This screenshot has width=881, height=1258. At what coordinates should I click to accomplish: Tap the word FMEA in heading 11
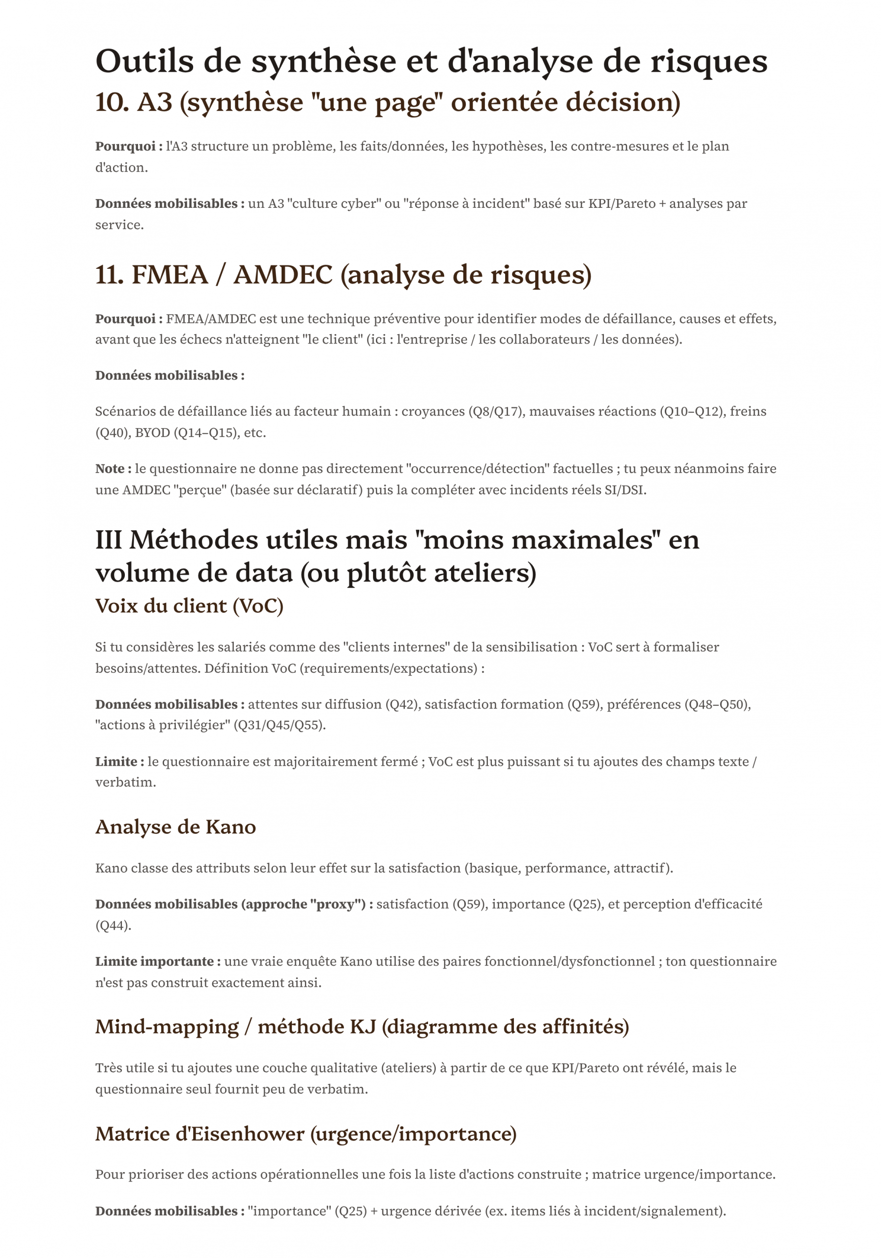170,275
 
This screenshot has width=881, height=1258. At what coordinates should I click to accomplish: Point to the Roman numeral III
108,540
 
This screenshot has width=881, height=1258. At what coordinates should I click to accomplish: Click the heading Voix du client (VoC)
189,606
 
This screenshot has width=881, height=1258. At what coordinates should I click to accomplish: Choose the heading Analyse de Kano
175,827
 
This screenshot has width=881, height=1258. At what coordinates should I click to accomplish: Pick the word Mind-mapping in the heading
167,1026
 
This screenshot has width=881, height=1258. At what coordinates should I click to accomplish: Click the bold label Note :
113,469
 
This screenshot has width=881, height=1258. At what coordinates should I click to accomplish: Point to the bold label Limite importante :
158,962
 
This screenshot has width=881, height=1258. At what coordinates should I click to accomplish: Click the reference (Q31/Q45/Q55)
280,725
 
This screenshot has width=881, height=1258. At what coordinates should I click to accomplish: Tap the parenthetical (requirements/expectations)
389,668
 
